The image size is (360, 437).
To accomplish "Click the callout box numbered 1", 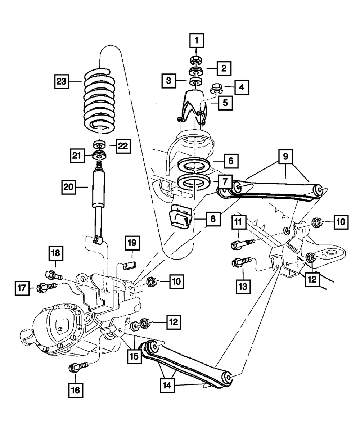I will [197, 41].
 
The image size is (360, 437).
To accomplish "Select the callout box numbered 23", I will [62, 81].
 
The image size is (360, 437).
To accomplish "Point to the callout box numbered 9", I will [285, 157].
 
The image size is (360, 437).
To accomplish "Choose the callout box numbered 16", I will [76, 390].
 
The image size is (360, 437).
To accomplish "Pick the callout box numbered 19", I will [131, 244].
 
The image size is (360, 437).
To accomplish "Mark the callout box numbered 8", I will [213, 219].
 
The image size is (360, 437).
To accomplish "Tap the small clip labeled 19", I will [129, 266].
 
